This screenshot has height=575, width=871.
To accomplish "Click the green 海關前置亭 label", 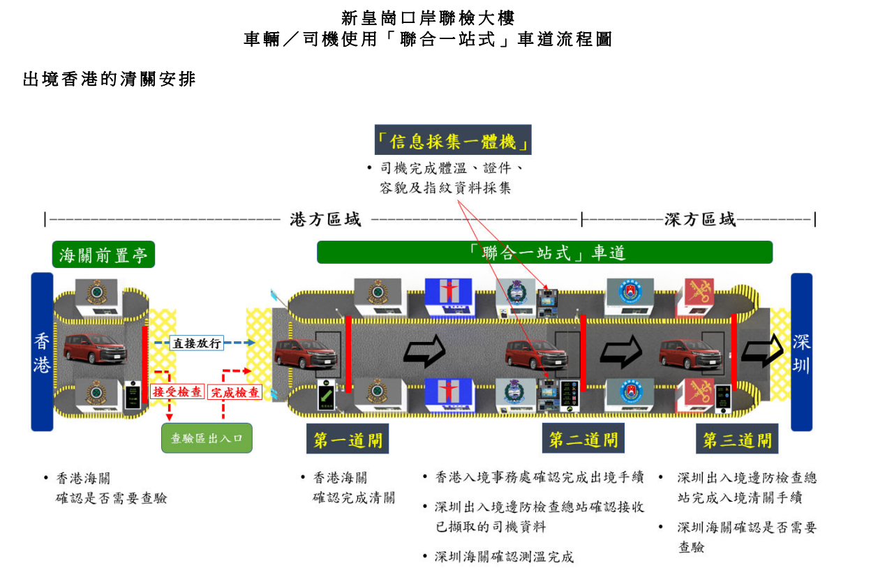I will tap(103, 255).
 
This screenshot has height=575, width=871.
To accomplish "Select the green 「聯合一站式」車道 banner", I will tap(544, 252).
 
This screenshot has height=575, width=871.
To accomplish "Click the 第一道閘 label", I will tap(347, 440).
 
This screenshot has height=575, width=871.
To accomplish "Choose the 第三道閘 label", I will tap(737, 440).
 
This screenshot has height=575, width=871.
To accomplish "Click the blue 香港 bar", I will tap(42, 352).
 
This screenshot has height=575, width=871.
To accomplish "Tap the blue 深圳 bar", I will tap(801, 352).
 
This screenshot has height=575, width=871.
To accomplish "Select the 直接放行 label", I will tap(197, 343).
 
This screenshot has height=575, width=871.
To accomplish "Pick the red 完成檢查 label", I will tap(235, 392).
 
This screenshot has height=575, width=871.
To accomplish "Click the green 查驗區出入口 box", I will tap(207, 438).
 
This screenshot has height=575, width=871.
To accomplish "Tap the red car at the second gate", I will tap(536, 352).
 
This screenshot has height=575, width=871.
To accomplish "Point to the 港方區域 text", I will tap(326, 220).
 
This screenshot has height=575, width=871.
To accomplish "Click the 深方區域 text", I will tap(700, 220).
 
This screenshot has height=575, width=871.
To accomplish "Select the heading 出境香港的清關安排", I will tap(109, 80).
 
